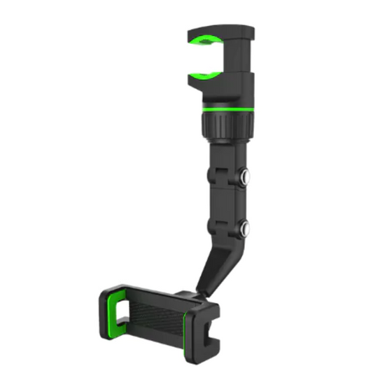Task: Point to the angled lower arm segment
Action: pyautogui.click(x=210, y=269)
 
